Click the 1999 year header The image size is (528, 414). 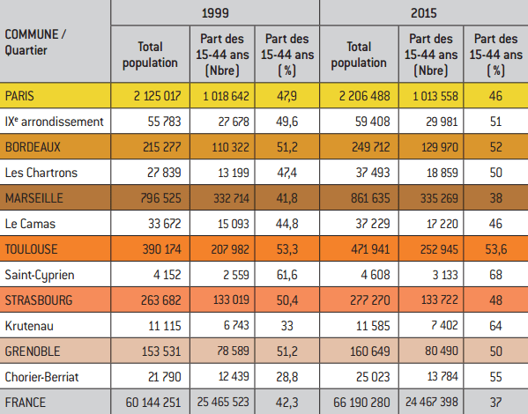(x=215, y=13)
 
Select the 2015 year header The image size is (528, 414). (x=424, y=13)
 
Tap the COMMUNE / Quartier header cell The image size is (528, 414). (x=35, y=42)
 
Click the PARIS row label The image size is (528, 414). (x=19, y=96)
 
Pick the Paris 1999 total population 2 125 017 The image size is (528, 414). (x=157, y=96)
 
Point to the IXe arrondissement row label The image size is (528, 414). (x=55, y=122)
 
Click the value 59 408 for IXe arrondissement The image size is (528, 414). (x=373, y=122)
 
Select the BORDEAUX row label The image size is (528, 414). (x=33, y=147)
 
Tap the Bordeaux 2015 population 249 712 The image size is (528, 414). (x=371, y=147)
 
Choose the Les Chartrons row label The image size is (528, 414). (x=41, y=173)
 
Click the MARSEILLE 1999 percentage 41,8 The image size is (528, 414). (x=286, y=198)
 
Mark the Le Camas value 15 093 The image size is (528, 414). (x=234, y=224)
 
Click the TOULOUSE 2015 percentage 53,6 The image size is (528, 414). (x=496, y=249)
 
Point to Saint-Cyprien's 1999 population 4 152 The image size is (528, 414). (x=167, y=275)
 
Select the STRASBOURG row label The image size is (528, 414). (x=39, y=300)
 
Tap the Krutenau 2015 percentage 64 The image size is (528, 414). (x=495, y=326)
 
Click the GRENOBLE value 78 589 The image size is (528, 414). (x=233, y=351)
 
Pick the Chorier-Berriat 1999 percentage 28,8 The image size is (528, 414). (x=286, y=377)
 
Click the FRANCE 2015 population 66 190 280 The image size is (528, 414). (x=361, y=403)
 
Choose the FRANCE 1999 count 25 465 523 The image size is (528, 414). (x=223, y=402)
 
